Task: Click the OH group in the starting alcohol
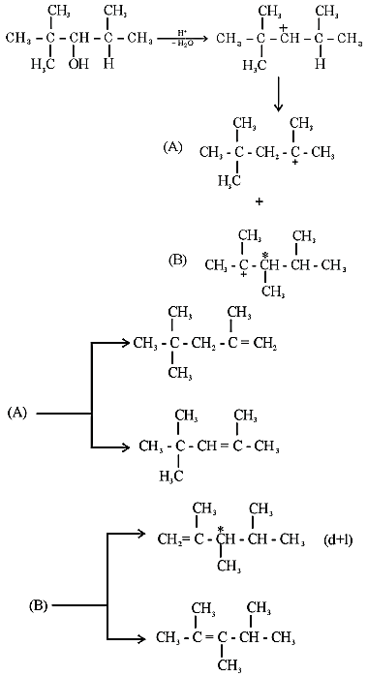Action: pos(78,64)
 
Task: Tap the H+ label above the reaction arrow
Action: pos(182,33)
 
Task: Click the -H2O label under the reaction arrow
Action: pos(182,45)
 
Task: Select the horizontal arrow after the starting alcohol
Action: pos(183,39)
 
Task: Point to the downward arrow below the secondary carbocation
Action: pos(279,93)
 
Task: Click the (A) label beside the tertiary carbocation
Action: pos(172,148)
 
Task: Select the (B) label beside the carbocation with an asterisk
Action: pos(178,262)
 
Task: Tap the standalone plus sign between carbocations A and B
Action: pos(260,201)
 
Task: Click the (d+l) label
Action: pos(337,539)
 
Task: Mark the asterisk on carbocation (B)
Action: pos(265,256)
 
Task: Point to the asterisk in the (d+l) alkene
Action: pos(220,530)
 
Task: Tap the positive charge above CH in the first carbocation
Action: pos(284,28)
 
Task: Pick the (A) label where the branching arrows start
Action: pos(17,413)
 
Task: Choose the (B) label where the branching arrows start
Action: pos(38,605)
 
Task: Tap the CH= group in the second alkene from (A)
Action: pos(211,446)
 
